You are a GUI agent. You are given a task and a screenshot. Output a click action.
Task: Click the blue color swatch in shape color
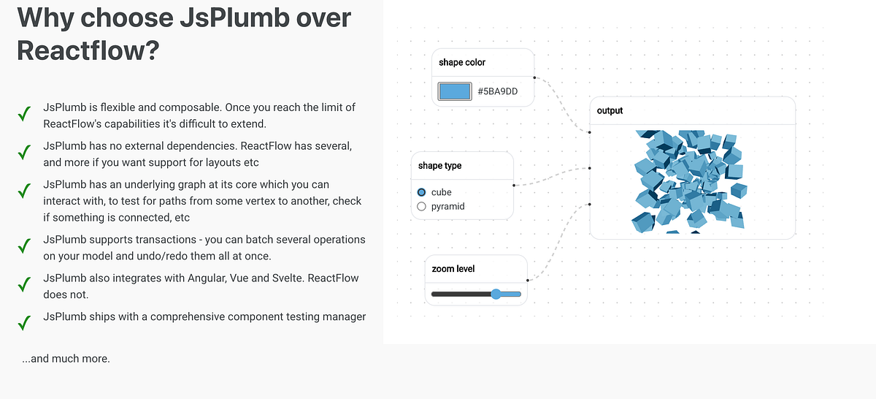coord(453,91)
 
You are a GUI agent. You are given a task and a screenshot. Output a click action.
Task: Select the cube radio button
coord(421,192)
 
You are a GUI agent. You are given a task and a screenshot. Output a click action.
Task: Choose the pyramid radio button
coord(421,207)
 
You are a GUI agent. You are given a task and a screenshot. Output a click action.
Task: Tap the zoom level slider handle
coord(496,294)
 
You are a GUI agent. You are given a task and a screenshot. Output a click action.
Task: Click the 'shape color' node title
coord(462,63)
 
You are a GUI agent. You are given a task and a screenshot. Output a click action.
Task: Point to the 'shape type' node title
coord(439,166)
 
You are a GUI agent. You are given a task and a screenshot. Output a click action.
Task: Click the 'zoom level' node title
coord(453,269)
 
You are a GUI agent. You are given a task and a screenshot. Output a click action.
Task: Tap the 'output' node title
coord(610,111)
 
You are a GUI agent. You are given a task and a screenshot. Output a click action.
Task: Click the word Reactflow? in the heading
coord(88,51)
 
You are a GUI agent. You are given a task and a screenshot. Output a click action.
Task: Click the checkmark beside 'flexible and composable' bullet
coord(24,114)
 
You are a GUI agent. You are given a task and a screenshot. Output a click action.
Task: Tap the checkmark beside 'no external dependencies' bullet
coord(24,153)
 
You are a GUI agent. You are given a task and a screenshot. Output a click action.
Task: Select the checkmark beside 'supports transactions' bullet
coord(24,246)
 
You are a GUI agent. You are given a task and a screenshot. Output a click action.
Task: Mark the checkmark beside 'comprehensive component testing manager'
coord(24,322)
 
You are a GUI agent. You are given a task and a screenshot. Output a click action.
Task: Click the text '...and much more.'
coord(66,359)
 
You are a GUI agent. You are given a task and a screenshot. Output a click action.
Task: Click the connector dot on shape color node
coord(534,77)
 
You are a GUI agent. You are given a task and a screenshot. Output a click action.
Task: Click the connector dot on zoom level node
coord(527,280)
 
